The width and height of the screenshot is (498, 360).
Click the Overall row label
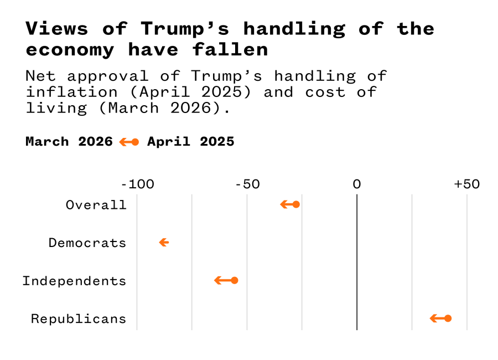pos(96,205)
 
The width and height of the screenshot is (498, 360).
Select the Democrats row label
pos(87,243)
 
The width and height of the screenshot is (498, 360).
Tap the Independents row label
pos(74,281)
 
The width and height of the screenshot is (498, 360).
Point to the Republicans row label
pos(78,319)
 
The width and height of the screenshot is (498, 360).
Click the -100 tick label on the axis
pos(137,184)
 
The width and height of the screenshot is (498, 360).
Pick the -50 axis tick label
pos(247,184)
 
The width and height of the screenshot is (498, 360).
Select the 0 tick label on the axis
pos(357,184)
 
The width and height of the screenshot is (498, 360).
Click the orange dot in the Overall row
pos(296,204)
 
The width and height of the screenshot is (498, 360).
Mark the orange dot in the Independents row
pos(235,280)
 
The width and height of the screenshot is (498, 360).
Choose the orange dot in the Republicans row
pos(448,318)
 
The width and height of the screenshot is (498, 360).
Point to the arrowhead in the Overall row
pos(283,204)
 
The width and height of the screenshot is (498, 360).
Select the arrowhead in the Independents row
pos(217,280)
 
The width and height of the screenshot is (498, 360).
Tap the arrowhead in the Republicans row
pos(433,318)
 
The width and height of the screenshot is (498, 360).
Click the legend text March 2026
pos(69,142)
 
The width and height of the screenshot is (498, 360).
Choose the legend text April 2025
pos(190,142)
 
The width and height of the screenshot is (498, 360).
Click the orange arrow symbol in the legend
pos(129,142)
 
